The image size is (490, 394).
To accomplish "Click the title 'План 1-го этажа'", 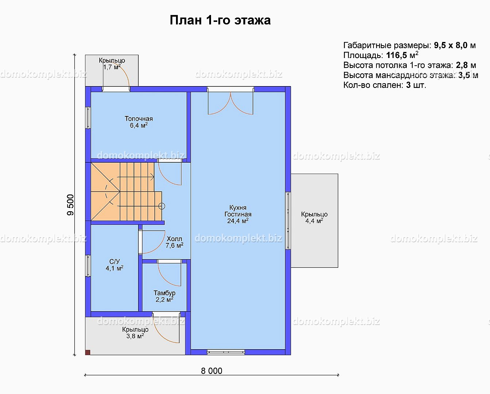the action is point(220,20).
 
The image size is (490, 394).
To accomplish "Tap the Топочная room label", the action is point(139,119).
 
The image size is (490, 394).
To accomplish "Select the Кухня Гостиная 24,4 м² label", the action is point(238,214).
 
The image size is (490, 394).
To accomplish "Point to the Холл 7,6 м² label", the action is point(175,242).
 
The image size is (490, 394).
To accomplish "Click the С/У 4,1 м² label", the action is point(115,265).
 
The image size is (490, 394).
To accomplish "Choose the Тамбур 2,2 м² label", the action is point(164,296).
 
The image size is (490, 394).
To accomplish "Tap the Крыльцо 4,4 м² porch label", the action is point(314,217).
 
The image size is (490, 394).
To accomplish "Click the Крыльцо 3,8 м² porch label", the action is point(135,333).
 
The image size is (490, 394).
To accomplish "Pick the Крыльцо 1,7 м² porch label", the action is point(112,64).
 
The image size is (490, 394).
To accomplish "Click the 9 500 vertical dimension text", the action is point(70,205).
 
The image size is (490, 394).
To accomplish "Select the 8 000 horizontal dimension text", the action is point(211,371).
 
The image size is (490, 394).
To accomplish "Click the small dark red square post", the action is point(88,352).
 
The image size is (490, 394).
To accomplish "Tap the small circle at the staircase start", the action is point(162,206).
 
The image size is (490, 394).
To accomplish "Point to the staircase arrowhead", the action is point(153,177).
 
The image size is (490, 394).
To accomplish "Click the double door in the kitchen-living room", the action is point(230,101).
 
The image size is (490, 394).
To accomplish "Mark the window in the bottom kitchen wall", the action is point(226,352).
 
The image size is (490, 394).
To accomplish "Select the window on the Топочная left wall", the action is point(88,118).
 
